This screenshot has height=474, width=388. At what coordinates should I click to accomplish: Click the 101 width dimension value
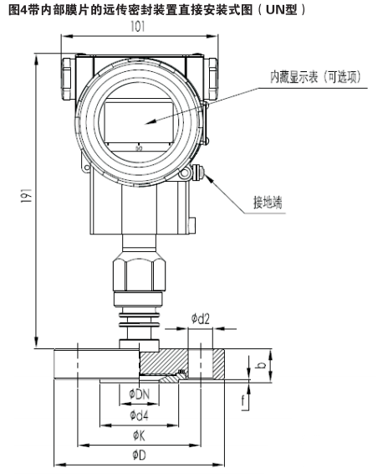click(x=138, y=27)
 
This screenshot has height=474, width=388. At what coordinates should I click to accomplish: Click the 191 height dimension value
click(x=27, y=195)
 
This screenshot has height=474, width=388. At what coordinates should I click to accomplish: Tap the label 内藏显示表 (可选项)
click(x=315, y=77)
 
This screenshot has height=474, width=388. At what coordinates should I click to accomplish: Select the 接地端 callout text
click(x=268, y=202)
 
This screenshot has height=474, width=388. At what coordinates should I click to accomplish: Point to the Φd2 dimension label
click(x=200, y=318)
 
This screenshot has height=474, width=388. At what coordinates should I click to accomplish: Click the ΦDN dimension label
click(x=139, y=394)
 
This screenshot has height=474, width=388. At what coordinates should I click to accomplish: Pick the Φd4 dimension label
click(x=139, y=415)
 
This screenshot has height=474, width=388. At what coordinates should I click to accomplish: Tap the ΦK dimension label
click(x=139, y=435)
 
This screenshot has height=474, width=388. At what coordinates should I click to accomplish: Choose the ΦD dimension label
click(x=139, y=455)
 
